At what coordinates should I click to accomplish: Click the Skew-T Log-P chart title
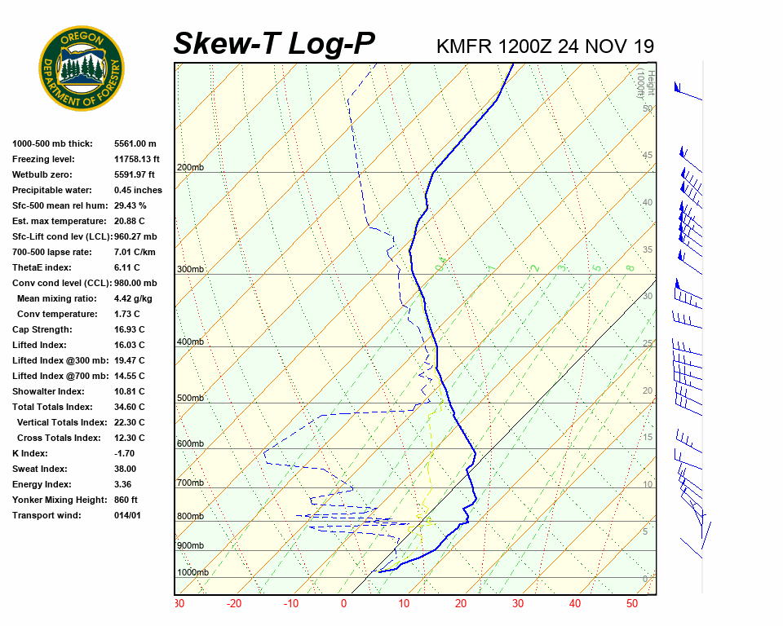click(275, 44)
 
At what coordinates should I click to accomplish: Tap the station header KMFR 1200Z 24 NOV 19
click(545, 46)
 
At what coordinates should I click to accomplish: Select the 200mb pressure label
click(190, 168)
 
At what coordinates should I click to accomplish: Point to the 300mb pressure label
click(190, 270)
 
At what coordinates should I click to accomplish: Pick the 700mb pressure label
click(190, 483)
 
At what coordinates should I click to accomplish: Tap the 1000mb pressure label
click(192, 573)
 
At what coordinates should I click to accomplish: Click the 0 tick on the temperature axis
click(343, 604)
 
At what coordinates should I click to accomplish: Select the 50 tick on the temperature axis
click(632, 604)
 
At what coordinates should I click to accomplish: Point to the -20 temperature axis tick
click(234, 604)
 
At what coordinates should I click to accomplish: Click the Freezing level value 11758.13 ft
click(137, 160)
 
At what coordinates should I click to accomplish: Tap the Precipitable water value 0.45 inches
click(138, 191)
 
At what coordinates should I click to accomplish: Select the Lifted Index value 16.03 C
click(130, 346)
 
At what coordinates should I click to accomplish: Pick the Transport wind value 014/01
click(128, 516)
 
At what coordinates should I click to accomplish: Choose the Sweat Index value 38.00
click(126, 469)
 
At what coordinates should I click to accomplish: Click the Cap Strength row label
click(42, 330)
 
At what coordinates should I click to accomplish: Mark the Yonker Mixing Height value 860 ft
click(126, 500)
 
